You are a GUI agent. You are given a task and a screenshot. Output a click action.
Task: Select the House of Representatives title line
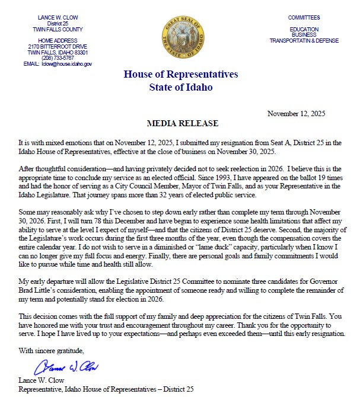point(180,75)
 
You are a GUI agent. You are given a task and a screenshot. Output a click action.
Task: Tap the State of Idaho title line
point(180,87)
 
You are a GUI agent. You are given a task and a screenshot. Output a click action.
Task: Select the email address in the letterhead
point(66,63)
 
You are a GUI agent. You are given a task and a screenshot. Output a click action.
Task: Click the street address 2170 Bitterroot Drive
point(58,46)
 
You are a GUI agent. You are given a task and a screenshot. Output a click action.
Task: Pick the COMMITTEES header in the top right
point(304,18)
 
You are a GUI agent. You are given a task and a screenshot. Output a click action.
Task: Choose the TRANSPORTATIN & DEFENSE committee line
point(304,41)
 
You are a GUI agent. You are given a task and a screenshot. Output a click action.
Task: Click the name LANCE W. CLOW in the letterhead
point(58,18)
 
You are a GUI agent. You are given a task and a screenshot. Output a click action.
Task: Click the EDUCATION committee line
point(304,29)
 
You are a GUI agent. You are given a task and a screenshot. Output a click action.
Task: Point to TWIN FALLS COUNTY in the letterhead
point(58,29)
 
